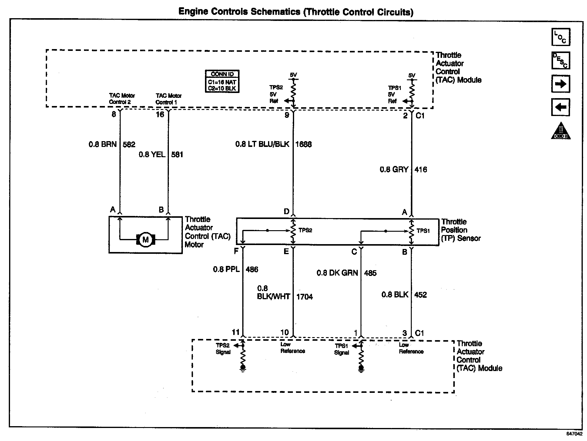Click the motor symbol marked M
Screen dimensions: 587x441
146,240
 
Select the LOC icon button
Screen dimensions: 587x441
561,37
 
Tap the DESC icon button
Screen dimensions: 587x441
561,60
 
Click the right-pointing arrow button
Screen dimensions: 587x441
561,84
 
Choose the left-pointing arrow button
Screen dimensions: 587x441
561,107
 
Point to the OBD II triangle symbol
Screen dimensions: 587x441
561,131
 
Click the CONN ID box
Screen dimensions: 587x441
222,81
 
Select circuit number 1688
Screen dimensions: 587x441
304,144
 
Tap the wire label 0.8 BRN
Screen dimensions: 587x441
102,144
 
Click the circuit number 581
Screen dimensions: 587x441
177,154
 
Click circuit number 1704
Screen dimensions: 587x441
304,297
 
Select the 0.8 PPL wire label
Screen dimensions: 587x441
226,269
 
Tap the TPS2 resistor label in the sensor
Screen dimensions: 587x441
305,230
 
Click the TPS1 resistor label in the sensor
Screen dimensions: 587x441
423,231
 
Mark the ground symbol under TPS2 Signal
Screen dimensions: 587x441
243,368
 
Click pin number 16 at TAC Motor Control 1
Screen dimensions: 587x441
160,114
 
